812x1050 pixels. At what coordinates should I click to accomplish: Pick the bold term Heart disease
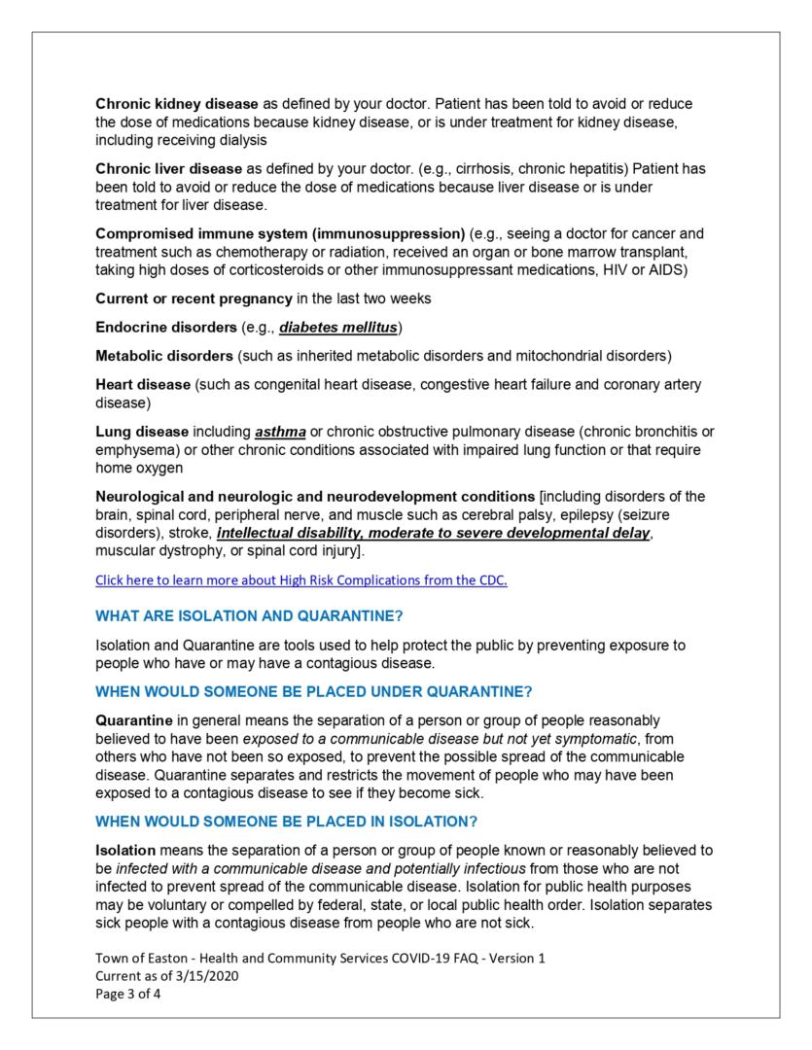pyautogui.click(x=143, y=385)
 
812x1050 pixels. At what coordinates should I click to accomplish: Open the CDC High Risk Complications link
pyautogui.click(x=301, y=580)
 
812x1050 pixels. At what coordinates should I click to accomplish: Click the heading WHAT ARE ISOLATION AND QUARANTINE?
pyautogui.click(x=249, y=616)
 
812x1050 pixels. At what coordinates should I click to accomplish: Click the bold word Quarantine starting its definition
pyautogui.click(x=134, y=720)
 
